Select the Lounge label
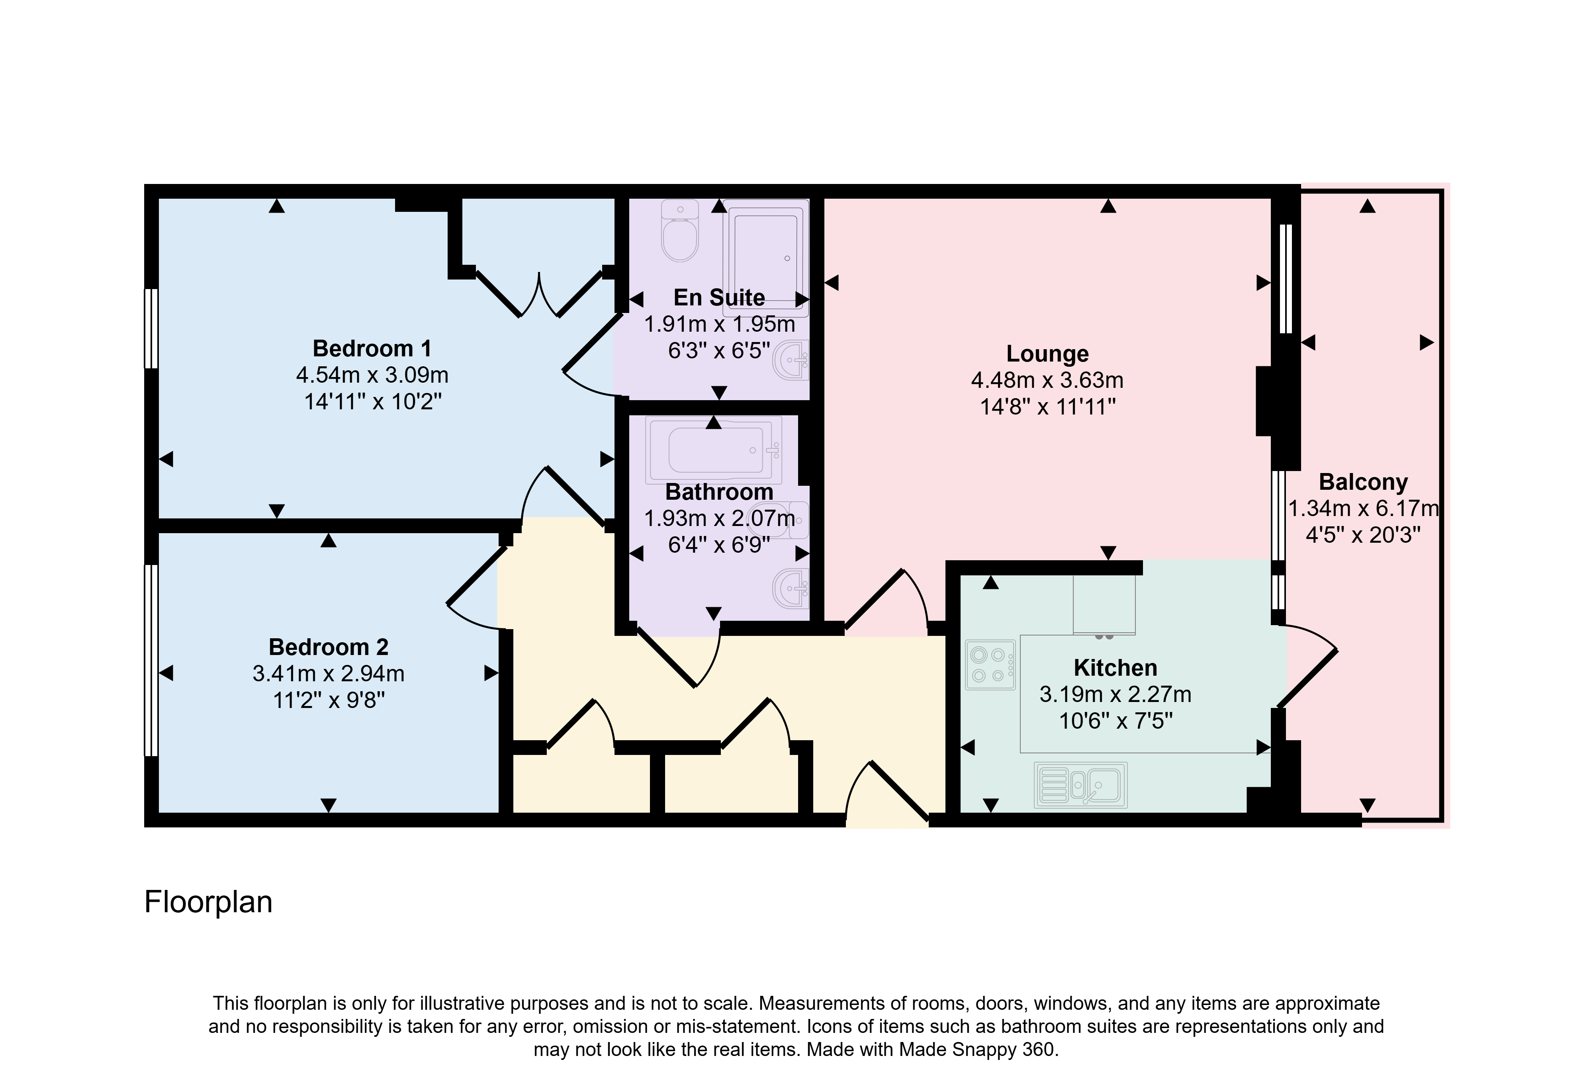click(x=1047, y=354)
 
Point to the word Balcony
click(x=1363, y=483)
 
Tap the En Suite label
click(x=719, y=297)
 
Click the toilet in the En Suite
click(x=680, y=230)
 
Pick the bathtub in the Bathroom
click(x=714, y=450)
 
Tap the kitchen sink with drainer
click(x=1081, y=785)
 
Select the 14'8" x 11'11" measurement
click(x=1047, y=407)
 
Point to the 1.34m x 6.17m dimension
click(x=1363, y=508)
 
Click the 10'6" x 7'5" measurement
click(x=1116, y=721)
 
